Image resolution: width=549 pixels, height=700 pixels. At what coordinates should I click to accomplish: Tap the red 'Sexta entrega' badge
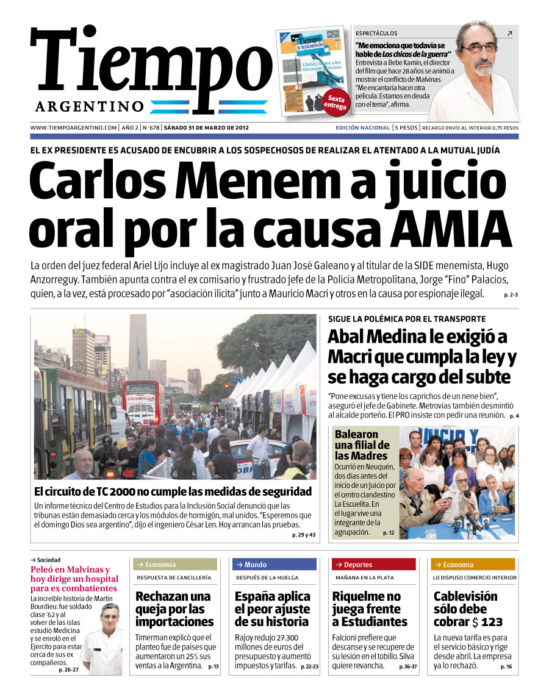[335, 102]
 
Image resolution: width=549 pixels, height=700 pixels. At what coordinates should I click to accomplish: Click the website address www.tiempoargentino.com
[73, 128]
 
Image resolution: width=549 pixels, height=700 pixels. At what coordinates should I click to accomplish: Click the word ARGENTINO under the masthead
[90, 107]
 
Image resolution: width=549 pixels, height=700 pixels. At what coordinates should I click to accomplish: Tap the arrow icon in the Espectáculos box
[509, 34]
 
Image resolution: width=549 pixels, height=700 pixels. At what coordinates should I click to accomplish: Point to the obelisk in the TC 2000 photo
[138, 348]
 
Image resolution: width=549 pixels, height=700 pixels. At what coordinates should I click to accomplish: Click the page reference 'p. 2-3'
[511, 295]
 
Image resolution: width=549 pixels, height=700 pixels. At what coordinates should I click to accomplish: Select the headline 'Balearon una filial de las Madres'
[361, 445]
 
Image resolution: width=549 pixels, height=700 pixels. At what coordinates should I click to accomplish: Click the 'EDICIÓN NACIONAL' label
[362, 128]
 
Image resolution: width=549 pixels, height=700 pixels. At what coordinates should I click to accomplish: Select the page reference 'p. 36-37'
[408, 667]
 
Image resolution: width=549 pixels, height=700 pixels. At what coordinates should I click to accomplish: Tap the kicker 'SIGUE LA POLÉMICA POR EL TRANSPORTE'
[407, 319]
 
